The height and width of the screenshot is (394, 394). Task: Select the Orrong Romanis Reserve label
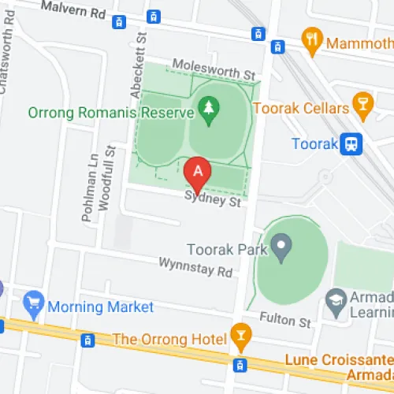110,112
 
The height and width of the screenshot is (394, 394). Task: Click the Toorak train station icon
352,144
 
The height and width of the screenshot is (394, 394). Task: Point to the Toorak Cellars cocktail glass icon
363,107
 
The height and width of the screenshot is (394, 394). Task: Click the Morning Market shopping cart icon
33,301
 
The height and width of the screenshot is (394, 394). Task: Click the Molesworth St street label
214,71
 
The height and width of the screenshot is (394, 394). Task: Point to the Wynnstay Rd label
196,267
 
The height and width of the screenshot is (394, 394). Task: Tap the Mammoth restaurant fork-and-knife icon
313,42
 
